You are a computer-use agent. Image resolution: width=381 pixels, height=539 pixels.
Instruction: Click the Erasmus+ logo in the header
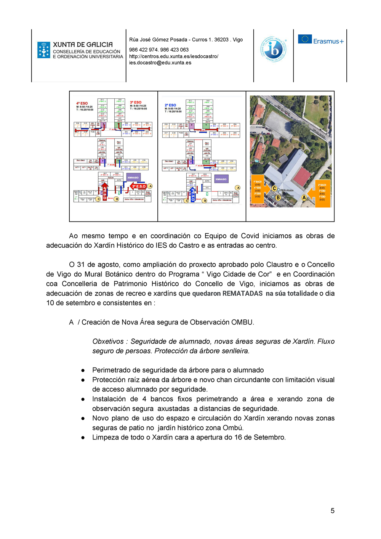pos(320,40)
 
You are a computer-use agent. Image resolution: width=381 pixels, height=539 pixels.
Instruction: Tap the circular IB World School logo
pos(273,49)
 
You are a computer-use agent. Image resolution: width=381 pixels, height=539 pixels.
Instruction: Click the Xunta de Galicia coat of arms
pos(44,50)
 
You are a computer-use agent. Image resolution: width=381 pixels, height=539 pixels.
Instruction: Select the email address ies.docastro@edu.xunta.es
pos(160,63)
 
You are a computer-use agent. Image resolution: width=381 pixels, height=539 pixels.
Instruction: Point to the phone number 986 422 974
pos(143,50)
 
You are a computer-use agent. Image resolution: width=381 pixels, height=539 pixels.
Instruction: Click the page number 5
pos(332,511)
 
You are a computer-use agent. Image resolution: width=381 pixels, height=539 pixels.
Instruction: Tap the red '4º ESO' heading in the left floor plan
pos(82,103)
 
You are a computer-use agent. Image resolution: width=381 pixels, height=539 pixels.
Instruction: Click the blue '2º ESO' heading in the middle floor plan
pos(170,105)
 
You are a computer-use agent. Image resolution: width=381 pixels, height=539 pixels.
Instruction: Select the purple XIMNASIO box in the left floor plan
pos(133,178)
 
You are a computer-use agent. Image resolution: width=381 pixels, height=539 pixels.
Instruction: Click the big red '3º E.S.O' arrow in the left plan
pos(138,186)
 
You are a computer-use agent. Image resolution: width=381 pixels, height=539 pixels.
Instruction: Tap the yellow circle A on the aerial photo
pos(304,197)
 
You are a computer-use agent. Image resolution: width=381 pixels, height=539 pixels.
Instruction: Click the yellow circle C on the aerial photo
pos(274,188)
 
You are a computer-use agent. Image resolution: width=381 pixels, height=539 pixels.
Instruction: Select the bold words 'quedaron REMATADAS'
pos(227,294)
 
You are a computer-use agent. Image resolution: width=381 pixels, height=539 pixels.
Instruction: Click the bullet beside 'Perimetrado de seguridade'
pos(83,371)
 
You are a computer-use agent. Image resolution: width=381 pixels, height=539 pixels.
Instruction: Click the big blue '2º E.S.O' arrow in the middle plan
pos(192,194)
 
